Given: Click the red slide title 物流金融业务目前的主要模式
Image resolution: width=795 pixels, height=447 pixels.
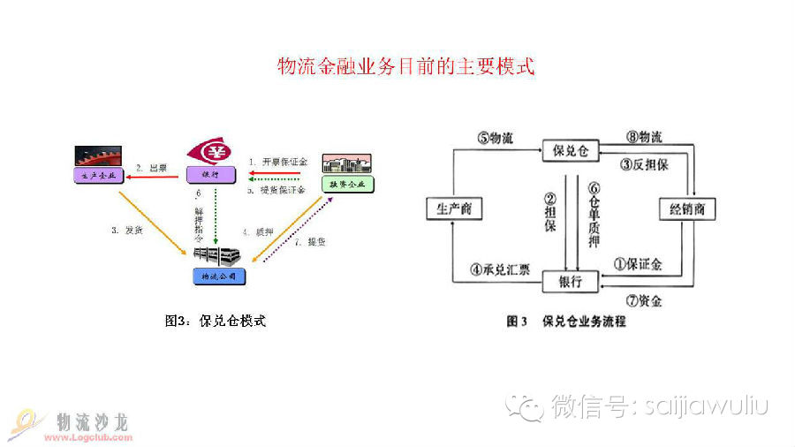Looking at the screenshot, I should click(x=406, y=66).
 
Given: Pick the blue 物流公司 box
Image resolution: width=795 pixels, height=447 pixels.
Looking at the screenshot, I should click(x=217, y=277).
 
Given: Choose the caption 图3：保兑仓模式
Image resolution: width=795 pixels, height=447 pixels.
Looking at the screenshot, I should click(x=215, y=321).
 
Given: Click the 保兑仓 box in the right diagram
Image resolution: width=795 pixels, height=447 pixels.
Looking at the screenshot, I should click(x=570, y=150).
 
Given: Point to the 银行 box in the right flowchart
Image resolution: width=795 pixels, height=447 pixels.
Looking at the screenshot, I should click(x=570, y=281).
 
